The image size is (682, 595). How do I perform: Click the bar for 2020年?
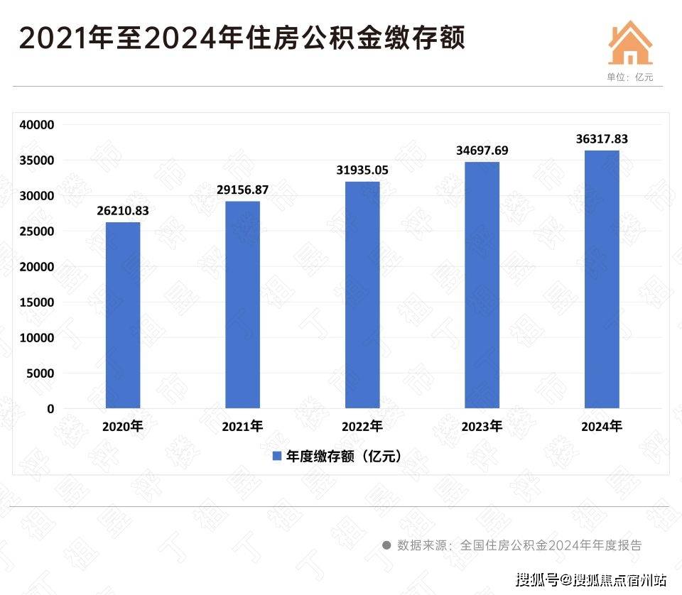[x=123, y=315]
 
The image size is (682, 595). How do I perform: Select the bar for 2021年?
[x=242, y=305]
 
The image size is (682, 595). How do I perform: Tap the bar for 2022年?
[x=362, y=295]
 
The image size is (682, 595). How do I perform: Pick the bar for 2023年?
[x=482, y=285]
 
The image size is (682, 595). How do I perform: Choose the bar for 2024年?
[x=602, y=279]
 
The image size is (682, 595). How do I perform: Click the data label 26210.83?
[x=123, y=211]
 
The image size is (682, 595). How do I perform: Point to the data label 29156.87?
[x=242, y=190]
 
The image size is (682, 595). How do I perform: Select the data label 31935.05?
[x=362, y=170]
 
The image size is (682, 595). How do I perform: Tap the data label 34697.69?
[x=482, y=151]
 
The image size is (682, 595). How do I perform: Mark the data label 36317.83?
[x=602, y=139]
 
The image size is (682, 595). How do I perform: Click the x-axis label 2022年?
[x=362, y=427]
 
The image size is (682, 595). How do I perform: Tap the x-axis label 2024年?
[x=602, y=427]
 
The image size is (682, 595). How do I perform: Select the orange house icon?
[x=630, y=43]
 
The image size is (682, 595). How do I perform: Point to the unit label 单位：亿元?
[x=629, y=77]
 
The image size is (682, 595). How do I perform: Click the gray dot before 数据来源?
[x=386, y=545]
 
